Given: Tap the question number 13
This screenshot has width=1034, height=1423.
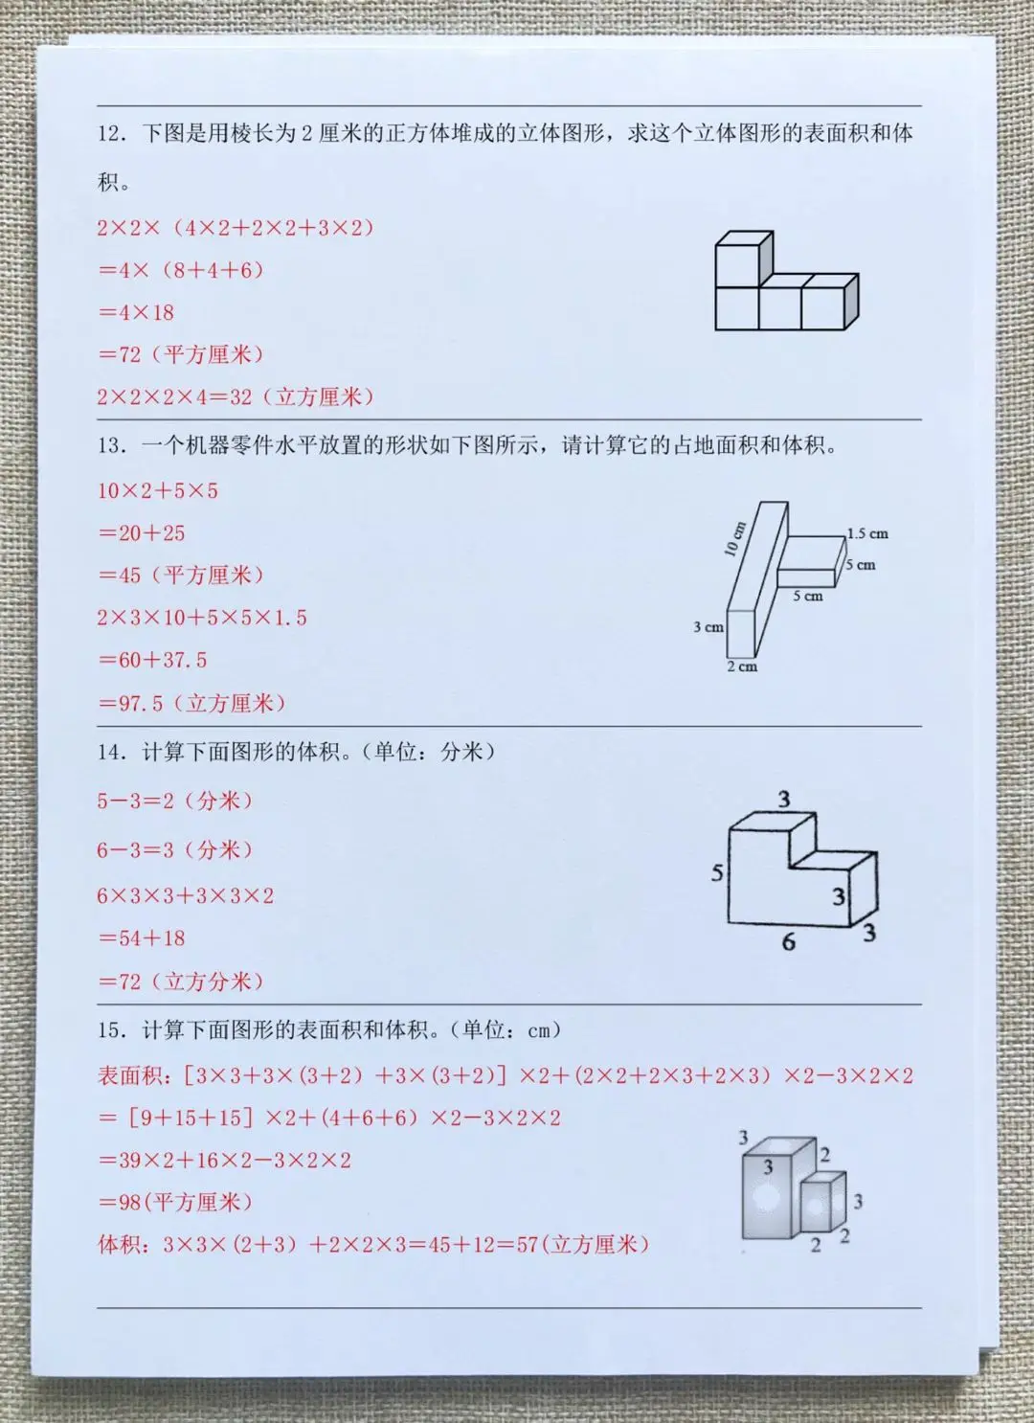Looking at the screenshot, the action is [110, 446].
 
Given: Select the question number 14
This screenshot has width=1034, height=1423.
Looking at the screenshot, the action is [110, 753].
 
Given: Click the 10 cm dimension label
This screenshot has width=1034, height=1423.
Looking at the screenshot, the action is [736, 539].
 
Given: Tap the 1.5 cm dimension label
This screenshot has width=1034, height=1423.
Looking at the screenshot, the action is [867, 533].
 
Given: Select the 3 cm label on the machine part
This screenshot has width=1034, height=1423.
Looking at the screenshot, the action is [708, 627].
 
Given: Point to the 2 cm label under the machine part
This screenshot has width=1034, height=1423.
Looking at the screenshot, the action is [742, 666].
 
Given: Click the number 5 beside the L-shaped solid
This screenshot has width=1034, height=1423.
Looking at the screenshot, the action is [717, 873].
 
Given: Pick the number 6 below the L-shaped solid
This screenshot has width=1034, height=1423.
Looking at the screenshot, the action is [788, 942].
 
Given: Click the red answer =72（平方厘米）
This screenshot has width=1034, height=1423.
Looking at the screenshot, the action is [180, 354].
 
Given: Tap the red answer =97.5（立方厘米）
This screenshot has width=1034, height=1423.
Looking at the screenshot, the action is [191, 703].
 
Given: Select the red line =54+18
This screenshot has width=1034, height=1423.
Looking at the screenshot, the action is [141, 938].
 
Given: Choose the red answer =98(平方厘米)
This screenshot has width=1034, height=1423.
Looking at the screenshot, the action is [175, 1202].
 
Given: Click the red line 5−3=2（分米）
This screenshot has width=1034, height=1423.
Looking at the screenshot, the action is [175, 801].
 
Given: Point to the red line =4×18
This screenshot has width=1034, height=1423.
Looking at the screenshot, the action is [136, 312].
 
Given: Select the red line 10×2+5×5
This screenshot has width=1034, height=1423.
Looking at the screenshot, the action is [158, 490].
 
